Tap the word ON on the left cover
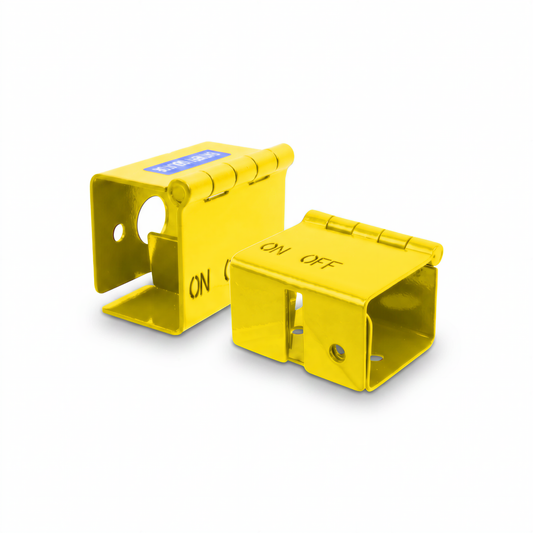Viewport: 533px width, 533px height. point(201,283)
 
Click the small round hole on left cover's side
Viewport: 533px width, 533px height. point(120,233)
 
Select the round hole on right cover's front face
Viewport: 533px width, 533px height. point(338,349)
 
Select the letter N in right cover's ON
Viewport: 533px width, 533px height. point(282,251)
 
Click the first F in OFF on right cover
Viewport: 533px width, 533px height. point(319,262)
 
